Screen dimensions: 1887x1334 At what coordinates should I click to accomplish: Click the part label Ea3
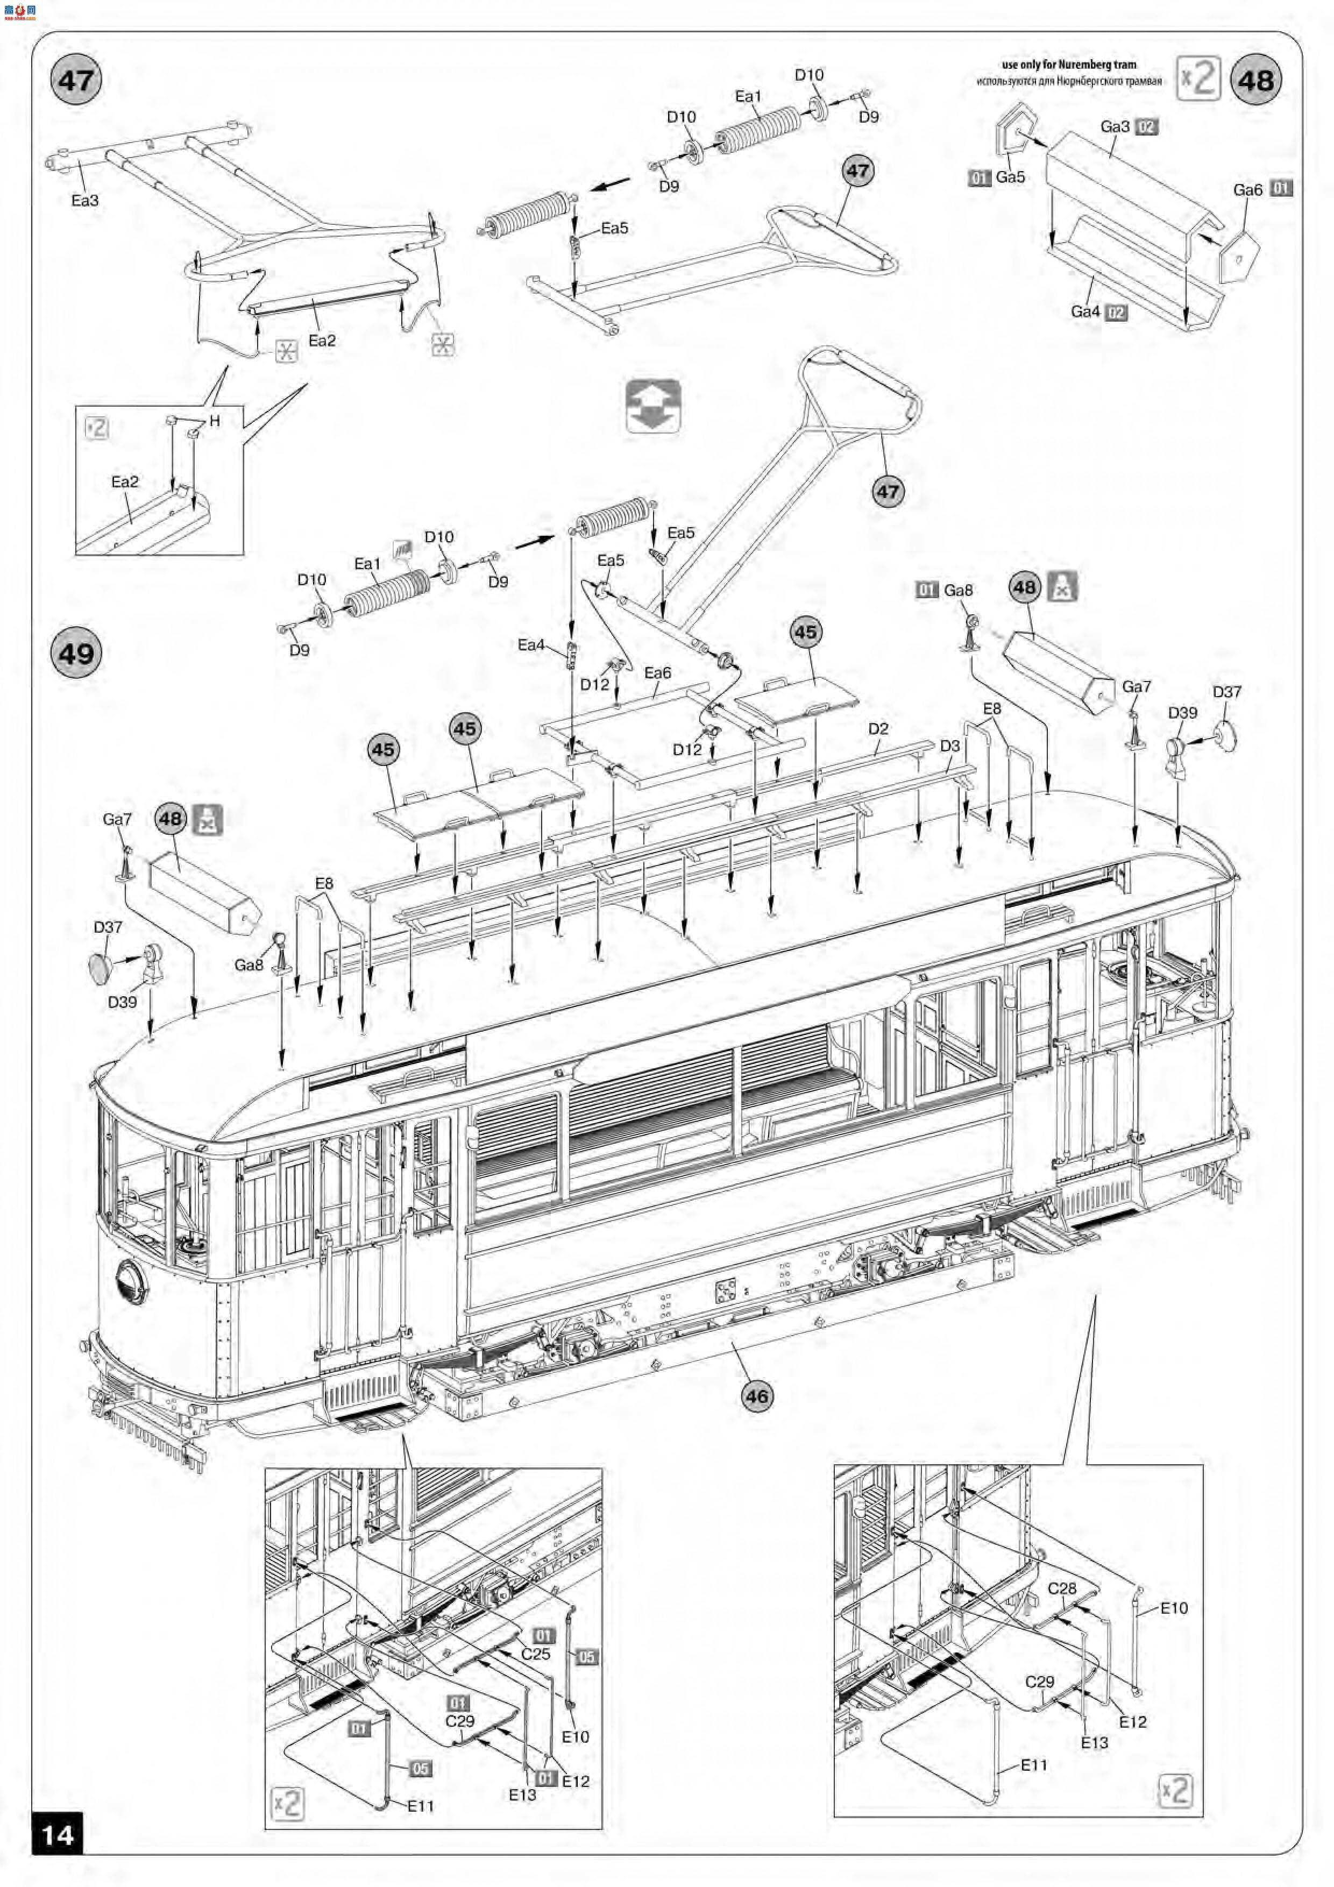click(x=84, y=201)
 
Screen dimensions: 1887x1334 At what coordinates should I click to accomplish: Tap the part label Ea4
click(x=531, y=645)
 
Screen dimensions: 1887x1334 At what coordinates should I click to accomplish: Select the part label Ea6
click(x=657, y=673)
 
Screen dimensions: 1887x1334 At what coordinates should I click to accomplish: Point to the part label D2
click(x=878, y=729)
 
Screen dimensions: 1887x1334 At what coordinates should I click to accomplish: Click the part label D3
click(x=949, y=746)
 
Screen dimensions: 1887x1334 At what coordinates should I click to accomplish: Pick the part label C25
click(x=536, y=1654)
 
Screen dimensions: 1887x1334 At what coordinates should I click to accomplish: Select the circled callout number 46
click(x=756, y=1395)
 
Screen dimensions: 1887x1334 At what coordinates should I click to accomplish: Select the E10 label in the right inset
click(x=1174, y=1608)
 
